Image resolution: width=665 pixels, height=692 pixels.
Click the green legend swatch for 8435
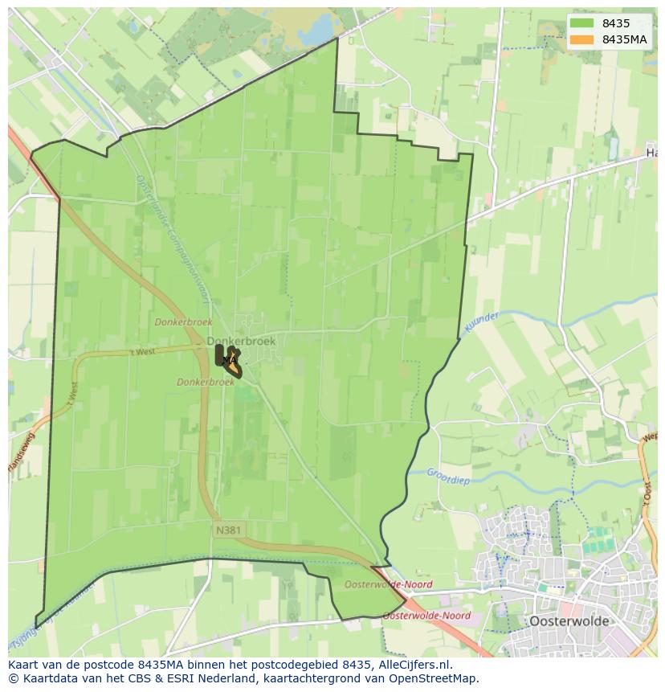(583, 24)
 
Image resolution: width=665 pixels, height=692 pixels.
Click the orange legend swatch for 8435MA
(583, 39)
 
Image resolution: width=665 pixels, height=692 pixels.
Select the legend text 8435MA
(625, 39)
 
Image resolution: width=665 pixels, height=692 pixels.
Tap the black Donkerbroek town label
(241, 341)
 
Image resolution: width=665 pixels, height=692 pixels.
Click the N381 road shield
(229, 530)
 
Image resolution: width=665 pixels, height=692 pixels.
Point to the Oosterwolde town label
(569, 621)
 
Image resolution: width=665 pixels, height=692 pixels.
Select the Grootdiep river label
(448, 477)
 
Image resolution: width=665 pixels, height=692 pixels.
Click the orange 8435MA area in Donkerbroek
(233, 358)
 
